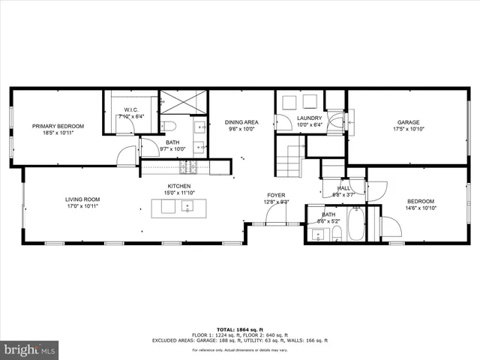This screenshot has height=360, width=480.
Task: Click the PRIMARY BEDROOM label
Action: (58, 126)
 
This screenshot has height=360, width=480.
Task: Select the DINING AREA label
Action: (241, 121)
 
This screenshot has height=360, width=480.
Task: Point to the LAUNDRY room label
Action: (309, 118)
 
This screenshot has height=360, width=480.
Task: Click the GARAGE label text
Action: (408, 122)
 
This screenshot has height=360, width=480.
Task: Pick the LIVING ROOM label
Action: (82, 199)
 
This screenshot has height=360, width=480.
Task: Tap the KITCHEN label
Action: (178, 186)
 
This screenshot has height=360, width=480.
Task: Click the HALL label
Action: (343, 188)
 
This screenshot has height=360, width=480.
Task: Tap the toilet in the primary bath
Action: (169, 124)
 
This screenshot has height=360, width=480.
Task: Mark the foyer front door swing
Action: (276, 216)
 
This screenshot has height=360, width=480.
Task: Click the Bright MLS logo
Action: (30, 349)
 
